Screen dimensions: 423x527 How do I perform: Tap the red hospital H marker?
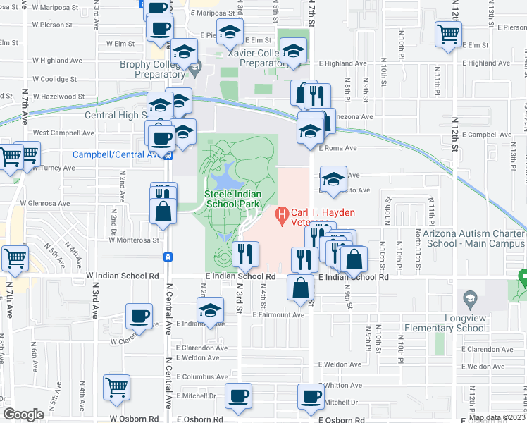283,212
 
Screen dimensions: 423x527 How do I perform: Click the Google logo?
23,415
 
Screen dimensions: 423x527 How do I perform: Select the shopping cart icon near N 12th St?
448,33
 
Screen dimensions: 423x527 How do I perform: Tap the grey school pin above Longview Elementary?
469,300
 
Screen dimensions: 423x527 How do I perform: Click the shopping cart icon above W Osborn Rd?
116,386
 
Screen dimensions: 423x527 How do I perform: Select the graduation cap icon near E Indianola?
210,309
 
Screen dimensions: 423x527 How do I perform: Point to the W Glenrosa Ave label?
45,204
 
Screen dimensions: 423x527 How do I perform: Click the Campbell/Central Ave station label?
118,154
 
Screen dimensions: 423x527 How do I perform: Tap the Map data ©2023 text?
497,417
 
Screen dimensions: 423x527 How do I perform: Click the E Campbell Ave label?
485,135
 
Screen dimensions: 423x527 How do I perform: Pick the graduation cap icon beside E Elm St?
230,32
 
